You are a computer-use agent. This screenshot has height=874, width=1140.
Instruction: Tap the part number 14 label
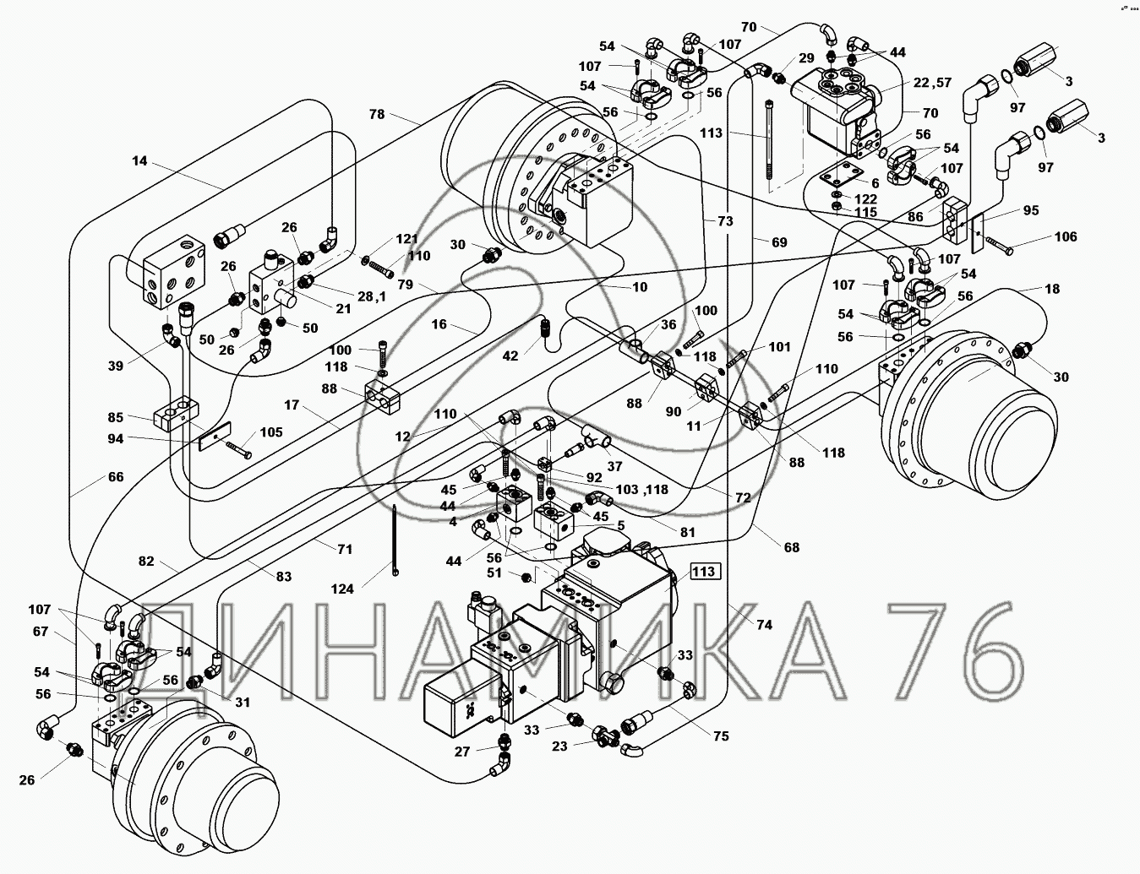coord(139,160)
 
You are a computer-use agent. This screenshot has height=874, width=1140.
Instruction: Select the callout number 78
coord(376,114)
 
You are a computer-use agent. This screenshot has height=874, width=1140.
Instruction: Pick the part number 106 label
coord(1065,236)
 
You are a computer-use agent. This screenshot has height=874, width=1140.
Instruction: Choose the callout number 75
coord(720,736)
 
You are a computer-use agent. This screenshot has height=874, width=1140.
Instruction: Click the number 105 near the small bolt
coord(271,432)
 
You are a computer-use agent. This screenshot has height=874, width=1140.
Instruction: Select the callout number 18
coord(1051,289)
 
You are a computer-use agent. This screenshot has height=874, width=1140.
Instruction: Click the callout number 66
coord(116,477)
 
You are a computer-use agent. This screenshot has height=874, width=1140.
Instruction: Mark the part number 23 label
coord(560,746)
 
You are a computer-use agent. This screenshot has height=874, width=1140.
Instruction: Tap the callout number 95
coord(1031,209)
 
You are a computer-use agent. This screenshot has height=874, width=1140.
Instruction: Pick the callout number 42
coord(510,356)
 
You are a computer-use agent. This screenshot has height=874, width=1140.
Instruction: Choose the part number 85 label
coord(116,416)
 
